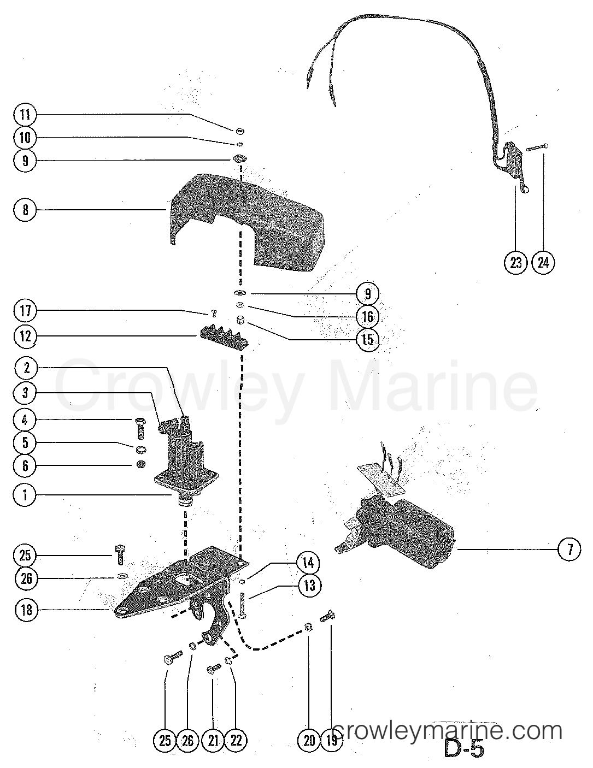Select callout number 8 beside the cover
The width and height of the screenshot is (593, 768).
(x=25, y=209)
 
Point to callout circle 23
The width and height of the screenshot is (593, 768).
(x=516, y=263)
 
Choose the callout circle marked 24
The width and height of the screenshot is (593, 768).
(x=543, y=263)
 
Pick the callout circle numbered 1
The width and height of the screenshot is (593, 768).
(x=25, y=495)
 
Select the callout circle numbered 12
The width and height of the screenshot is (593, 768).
(x=25, y=336)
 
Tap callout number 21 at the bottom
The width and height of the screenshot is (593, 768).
(x=213, y=741)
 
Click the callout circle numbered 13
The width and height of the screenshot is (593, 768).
(x=309, y=586)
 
